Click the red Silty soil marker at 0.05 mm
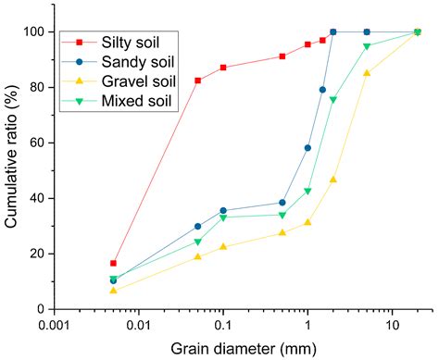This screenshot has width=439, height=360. click(197, 81)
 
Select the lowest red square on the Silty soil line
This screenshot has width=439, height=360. click(114, 263)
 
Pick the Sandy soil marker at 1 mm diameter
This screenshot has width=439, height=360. click(307, 148)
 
